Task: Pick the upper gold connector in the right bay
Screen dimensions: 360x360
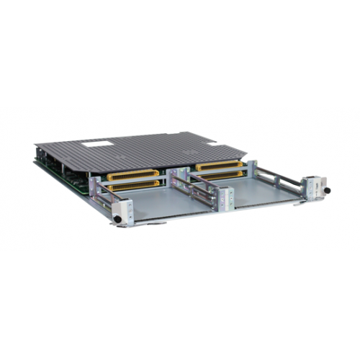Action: pos(217,167)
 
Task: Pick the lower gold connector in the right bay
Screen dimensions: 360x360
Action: pos(218,176)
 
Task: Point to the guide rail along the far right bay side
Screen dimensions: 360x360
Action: pos(277,173)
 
